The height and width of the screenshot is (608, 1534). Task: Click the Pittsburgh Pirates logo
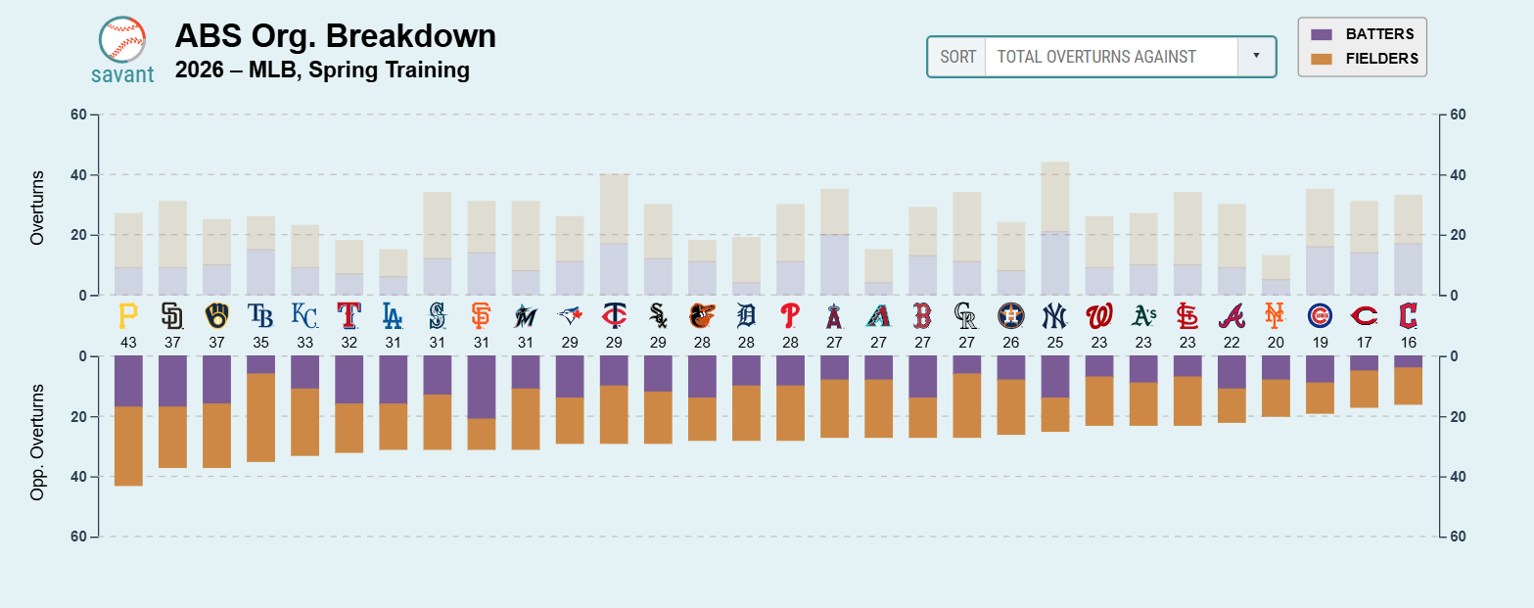coord(128,315)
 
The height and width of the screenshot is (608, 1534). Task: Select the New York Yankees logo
coord(1055,315)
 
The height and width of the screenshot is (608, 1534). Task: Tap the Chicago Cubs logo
coord(1320,315)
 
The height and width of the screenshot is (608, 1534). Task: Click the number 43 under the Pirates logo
coord(128,342)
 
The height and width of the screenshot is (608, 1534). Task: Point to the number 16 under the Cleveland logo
coord(1408,342)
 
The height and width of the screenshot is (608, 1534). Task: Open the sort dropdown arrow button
coord(1256,57)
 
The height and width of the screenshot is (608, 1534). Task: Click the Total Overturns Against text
coord(1095,57)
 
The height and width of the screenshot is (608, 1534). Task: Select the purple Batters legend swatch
coord(1323,34)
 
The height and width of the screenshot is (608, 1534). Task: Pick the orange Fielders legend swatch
coord(1323,59)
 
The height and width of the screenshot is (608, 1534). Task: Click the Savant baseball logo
coord(122,40)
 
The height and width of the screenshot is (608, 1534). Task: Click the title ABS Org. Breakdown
coord(335,36)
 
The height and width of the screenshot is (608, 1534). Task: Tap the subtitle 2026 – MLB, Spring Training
coord(322,70)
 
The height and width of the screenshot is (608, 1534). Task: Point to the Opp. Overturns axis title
coord(38,443)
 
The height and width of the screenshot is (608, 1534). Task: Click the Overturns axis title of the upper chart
coord(38,208)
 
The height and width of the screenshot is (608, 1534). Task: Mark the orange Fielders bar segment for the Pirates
coord(128,445)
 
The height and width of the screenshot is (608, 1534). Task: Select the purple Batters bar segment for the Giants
coord(481,387)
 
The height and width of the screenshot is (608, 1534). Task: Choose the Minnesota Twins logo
coord(614,315)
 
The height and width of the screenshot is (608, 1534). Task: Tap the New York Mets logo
coord(1275,315)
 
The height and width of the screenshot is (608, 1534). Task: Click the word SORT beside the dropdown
coord(957,57)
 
